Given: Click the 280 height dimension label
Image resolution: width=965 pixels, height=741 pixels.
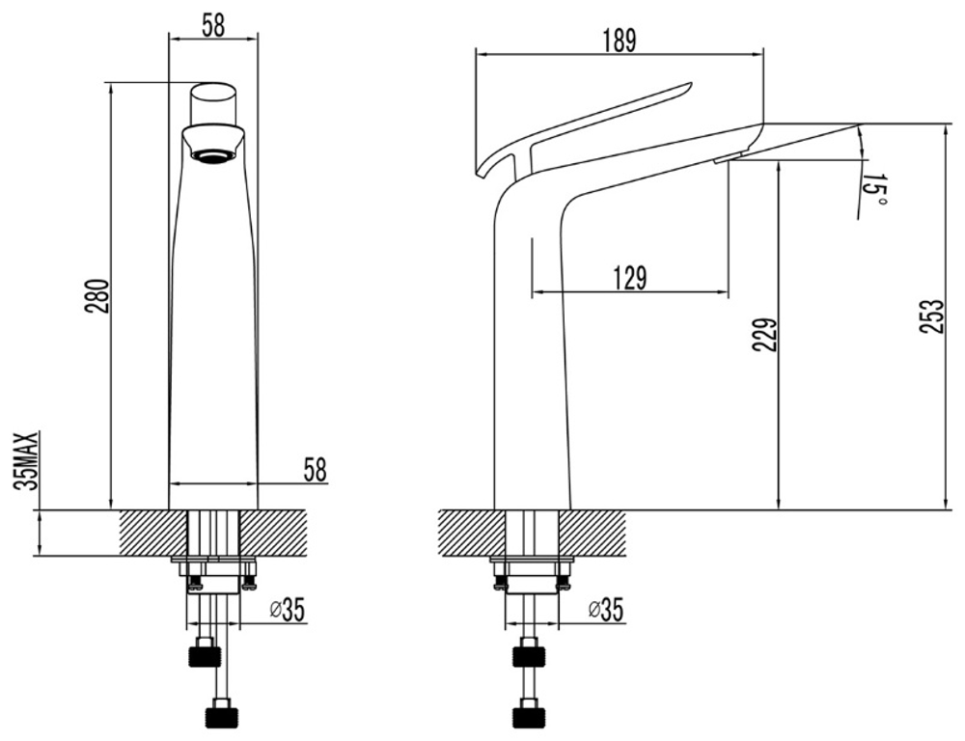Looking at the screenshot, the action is [x=99, y=295].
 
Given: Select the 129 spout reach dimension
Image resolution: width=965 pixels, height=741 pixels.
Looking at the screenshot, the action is [x=629, y=278].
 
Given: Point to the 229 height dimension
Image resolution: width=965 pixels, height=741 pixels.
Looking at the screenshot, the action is [x=764, y=335].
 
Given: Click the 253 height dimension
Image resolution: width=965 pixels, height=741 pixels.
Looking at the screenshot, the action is [x=930, y=316].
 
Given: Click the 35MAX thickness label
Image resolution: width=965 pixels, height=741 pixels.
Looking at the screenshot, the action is [x=28, y=460].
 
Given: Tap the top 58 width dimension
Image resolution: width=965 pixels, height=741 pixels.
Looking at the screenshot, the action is [x=213, y=25].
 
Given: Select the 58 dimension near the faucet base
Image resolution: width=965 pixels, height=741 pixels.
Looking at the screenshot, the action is [x=315, y=470].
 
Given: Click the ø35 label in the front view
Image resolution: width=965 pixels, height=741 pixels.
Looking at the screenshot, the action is [x=288, y=610].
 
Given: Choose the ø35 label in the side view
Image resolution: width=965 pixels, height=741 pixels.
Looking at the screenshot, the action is [x=606, y=609].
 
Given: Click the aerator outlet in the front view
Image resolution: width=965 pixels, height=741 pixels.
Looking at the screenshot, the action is [x=213, y=155].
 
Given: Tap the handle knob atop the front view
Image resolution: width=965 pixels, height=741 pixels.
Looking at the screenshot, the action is [x=213, y=103].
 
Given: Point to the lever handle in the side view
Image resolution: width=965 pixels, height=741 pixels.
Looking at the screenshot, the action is [x=585, y=126].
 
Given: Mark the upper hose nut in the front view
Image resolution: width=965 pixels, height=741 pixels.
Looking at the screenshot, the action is [x=205, y=652].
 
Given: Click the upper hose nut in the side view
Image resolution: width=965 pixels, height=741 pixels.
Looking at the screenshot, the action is [x=529, y=652].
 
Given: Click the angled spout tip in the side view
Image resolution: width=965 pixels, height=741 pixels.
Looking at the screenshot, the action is [x=859, y=124].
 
